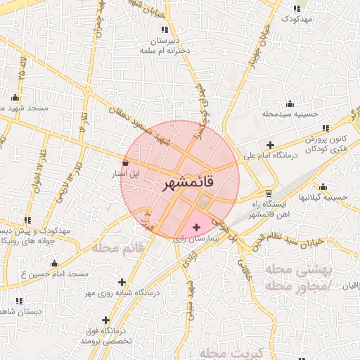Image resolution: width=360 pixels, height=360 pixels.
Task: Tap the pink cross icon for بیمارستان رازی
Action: point(195,227)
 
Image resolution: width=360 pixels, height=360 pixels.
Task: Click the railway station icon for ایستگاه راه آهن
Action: point(269,193)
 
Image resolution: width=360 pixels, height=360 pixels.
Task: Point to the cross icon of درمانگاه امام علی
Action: point(270,144)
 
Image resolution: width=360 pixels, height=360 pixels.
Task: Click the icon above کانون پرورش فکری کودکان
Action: point(326,128)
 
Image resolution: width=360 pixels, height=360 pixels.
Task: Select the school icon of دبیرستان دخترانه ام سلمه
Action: point(165,30)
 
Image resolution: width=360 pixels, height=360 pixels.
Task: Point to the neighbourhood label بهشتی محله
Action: point(292,270)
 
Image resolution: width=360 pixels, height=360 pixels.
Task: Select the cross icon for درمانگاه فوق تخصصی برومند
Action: point(105,321)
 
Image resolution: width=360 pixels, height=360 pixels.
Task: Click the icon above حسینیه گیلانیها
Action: point(323,187)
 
